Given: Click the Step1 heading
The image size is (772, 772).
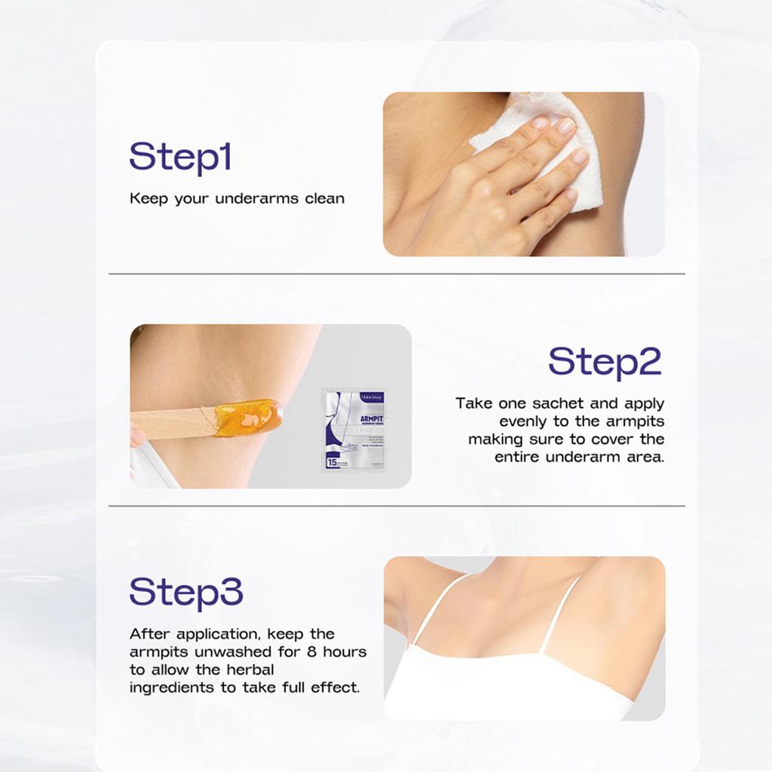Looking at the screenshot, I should [179, 157].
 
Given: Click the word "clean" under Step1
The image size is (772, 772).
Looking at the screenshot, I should [324, 199].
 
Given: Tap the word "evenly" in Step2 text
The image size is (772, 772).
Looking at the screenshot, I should [527, 421].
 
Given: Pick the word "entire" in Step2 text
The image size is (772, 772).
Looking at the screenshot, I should [519, 457].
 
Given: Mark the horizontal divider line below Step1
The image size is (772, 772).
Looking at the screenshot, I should [397, 274].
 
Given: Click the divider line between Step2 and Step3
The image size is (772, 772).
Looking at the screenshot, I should [397, 506].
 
